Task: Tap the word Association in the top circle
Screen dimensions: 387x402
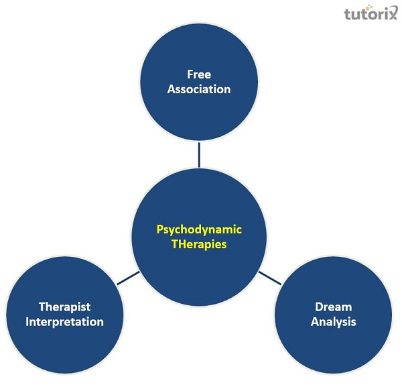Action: point(199,89)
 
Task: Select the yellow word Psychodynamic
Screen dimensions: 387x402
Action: point(199,230)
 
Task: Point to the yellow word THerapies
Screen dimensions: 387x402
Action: point(199,244)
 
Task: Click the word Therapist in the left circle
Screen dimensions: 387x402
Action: point(65,307)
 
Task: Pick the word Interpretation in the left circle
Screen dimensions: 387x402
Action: point(65,322)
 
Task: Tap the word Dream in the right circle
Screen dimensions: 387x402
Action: point(333,307)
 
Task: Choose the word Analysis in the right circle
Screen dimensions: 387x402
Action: point(333,322)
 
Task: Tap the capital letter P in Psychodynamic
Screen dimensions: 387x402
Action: point(160,229)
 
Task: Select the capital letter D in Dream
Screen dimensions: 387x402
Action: point(319,307)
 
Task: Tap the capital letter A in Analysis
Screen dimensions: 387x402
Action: point(314,322)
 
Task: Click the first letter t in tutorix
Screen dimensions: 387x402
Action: point(347,14)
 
